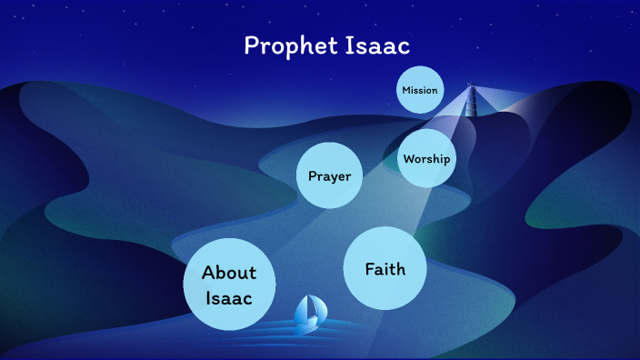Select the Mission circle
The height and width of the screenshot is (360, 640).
420,90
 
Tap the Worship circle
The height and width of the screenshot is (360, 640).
426,159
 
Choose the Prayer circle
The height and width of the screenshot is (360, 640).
329,175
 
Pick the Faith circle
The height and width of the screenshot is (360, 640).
385,269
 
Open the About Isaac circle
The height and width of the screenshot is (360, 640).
229,284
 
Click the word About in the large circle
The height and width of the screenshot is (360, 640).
229,272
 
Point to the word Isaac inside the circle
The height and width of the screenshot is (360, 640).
229,297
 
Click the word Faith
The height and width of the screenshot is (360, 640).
385,269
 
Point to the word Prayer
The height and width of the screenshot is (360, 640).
329,175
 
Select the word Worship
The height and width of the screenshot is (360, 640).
426,159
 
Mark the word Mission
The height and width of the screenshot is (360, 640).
420,90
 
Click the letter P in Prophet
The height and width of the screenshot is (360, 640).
252,45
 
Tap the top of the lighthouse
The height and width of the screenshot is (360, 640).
471,86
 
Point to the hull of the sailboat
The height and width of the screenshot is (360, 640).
307,323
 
